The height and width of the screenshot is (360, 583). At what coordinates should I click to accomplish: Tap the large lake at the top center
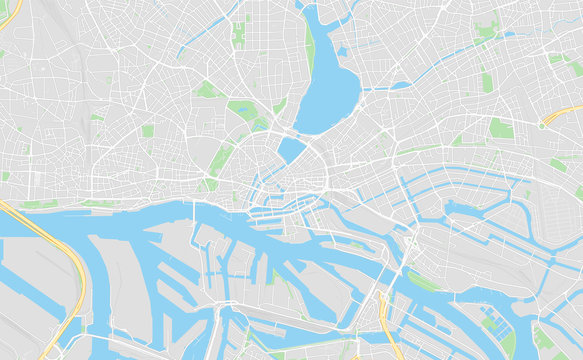330,95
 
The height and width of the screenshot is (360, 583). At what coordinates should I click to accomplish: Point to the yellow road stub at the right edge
566,112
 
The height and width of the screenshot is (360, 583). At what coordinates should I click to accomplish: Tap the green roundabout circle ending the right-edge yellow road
543,124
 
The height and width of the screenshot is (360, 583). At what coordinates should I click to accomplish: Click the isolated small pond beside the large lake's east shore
342,51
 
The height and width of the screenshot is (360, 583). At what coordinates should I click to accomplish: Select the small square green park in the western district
148,131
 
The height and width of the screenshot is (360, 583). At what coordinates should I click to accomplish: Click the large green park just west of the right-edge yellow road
501,128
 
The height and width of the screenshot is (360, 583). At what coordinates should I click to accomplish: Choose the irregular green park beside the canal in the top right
487,31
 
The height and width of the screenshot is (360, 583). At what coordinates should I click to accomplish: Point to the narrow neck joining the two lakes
300,133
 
